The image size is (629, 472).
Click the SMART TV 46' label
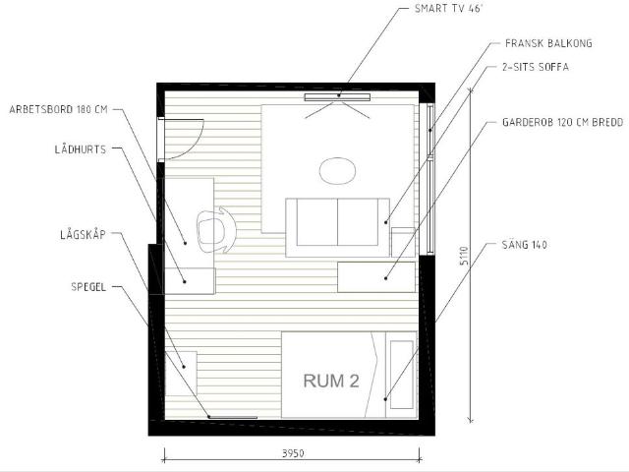point(448,9)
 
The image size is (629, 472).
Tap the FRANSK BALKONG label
point(548,43)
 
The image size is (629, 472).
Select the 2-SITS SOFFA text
point(535,67)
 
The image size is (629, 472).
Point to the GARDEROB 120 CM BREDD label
point(563,122)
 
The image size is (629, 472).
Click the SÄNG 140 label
point(524,245)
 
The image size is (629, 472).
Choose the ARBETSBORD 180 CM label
point(59,109)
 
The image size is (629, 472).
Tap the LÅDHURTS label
point(81,149)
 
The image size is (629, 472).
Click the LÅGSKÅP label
point(83,234)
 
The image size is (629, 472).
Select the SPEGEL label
point(88,287)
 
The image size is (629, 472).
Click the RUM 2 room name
point(331,381)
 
